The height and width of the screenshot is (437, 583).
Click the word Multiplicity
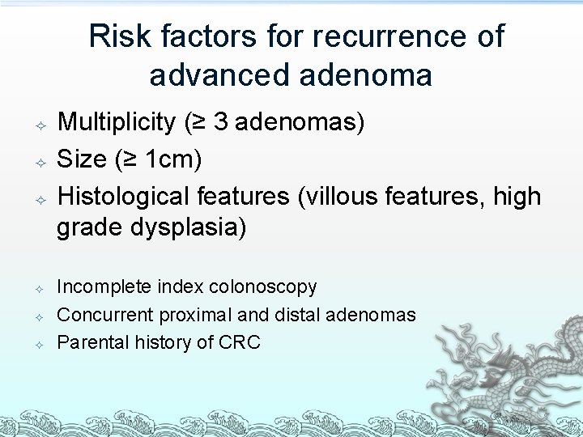click(117, 123)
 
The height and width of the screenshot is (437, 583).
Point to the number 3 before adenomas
click(220, 123)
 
